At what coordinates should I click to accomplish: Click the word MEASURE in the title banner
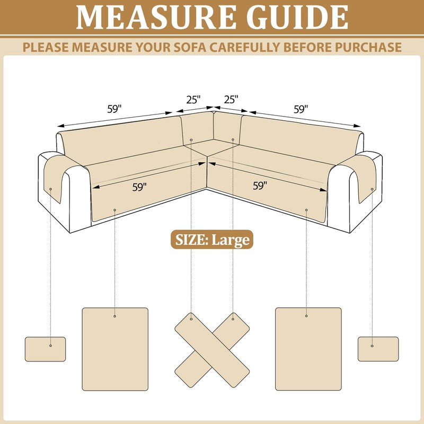[156, 17]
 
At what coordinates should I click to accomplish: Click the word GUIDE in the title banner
[297, 17]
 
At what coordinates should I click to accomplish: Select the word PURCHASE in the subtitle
[368, 47]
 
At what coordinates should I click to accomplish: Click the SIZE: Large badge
[212, 240]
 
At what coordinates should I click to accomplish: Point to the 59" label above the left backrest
[114, 109]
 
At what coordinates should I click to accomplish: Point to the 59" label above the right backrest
[301, 110]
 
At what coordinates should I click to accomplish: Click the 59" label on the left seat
[139, 187]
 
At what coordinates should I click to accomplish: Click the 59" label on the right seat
[260, 186]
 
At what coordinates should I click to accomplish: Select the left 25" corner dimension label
[193, 100]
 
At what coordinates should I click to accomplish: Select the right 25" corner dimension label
[231, 100]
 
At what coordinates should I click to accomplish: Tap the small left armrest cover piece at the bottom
[46, 349]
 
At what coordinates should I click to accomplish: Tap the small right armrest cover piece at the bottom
[378, 349]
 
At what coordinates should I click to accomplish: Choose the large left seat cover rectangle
[115, 349]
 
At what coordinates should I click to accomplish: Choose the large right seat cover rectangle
[308, 349]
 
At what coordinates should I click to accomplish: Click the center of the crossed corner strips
[212, 350]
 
